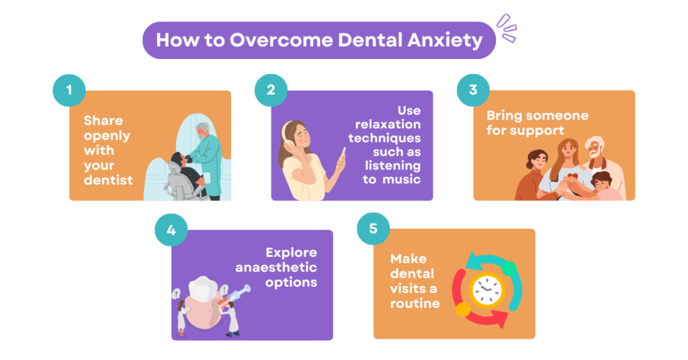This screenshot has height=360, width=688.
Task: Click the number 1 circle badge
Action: pos(69,90)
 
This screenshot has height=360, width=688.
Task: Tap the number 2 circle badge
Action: pos(271,90)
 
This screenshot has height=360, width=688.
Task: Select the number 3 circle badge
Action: pos(473,90)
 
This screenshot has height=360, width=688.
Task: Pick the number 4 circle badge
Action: pos(171,230)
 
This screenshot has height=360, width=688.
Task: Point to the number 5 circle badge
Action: pos(373,228)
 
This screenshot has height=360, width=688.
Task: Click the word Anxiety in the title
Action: pos(445,40)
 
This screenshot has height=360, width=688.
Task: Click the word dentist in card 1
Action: pos(108,180)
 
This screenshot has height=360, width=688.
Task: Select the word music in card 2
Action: pos(402,179)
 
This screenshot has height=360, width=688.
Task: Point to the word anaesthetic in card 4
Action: pos(276,267)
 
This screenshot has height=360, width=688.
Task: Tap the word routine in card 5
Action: pos(415,304)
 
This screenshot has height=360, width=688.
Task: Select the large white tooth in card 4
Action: pos(204,289)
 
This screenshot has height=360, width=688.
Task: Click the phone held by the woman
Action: pos(342,156)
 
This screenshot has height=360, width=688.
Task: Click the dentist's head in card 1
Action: pos(202,131)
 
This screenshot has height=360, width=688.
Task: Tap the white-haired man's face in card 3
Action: pos(595,150)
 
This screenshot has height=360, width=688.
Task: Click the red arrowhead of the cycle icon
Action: pos(501,318)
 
